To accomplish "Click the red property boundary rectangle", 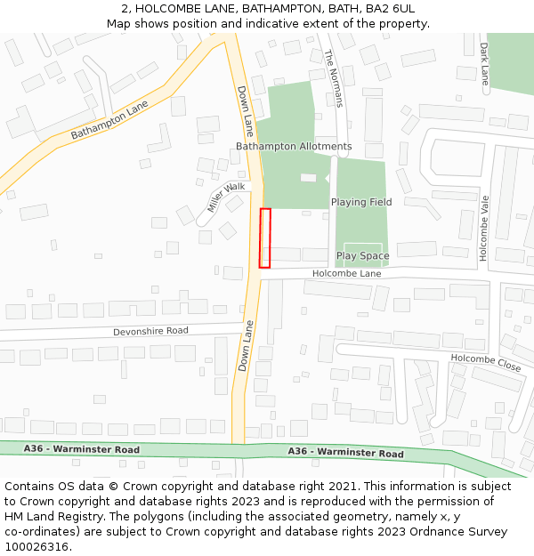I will [x=264, y=238].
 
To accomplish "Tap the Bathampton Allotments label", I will [x=294, y=146].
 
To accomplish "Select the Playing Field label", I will [x=361, y=202].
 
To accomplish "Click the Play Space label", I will [x=362, y=256].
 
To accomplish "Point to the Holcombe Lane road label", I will [x=346, y=274].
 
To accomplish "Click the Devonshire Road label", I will [x=150, y=331].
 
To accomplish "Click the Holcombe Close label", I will [x=485, y=362].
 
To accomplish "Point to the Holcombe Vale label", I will [x=484, y=228].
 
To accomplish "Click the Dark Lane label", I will [x=485, y=64].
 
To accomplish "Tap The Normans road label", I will [x=334, y=78].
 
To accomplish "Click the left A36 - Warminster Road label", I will [x=82, y=449].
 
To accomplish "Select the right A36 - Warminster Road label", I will [x=345, y=453].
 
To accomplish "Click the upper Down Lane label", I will [x=246, y=111].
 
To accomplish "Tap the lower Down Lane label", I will [x=247, y=346].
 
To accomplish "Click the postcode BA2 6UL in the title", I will [x=388, y=8].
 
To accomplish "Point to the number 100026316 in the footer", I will [x=36, y=546].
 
